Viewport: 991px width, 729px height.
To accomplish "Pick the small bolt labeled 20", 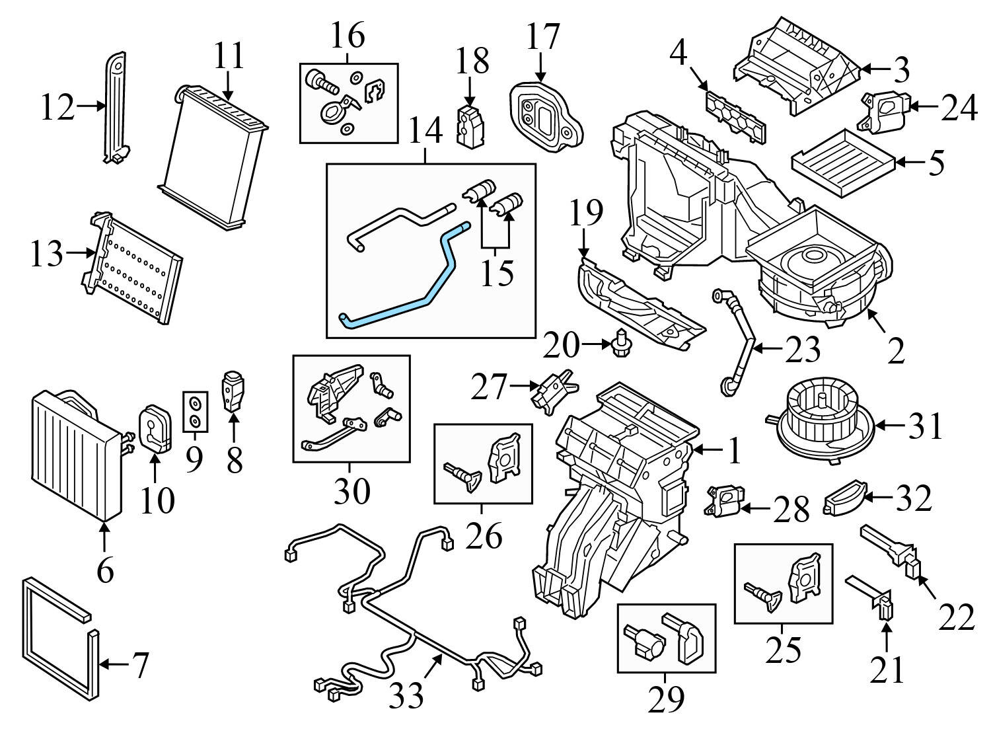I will [x=620, y=344].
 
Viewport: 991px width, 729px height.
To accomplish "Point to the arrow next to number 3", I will [x=873, y=68].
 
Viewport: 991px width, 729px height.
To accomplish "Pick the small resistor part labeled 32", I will [x=846, y=499].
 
